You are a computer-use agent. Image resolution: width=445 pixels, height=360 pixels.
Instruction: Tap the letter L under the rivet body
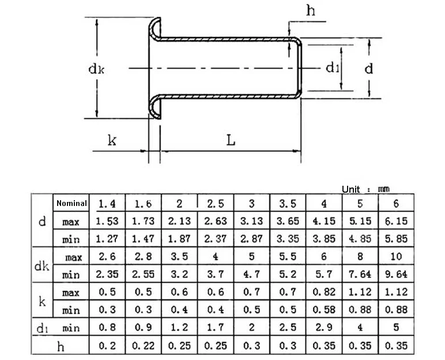point(231,140)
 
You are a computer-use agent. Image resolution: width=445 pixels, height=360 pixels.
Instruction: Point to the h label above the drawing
point(311,10)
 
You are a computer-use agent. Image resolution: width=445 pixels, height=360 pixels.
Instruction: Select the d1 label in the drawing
point(332,68)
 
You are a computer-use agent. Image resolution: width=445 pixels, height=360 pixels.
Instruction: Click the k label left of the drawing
point(112,140)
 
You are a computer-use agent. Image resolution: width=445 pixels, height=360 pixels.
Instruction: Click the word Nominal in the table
point(71,203)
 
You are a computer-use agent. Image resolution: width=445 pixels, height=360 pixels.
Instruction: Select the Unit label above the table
point(350,189)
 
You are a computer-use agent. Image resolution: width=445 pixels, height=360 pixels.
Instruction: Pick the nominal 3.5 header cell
point(288,204)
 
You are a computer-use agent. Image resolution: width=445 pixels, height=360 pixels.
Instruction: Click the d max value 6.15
point(396,221)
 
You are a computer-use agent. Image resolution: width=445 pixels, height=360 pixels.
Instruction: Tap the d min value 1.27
point(107,239)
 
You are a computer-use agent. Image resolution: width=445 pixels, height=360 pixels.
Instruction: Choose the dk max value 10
point(396,257)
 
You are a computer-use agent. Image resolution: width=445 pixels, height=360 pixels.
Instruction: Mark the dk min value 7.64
point(360,275)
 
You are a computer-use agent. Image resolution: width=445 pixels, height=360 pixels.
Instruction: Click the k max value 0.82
point(324,292)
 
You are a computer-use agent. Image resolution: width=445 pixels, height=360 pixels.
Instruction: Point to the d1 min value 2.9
point(324,328)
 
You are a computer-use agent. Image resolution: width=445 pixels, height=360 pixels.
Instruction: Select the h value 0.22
point(143,346)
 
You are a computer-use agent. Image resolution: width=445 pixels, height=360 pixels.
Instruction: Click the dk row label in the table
point(42,266)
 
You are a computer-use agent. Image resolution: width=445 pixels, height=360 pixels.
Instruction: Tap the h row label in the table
point(61,346)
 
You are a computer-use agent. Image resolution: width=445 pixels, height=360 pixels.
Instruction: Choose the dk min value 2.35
point(107,275)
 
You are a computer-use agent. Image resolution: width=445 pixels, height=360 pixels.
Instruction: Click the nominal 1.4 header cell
point(107,204)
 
